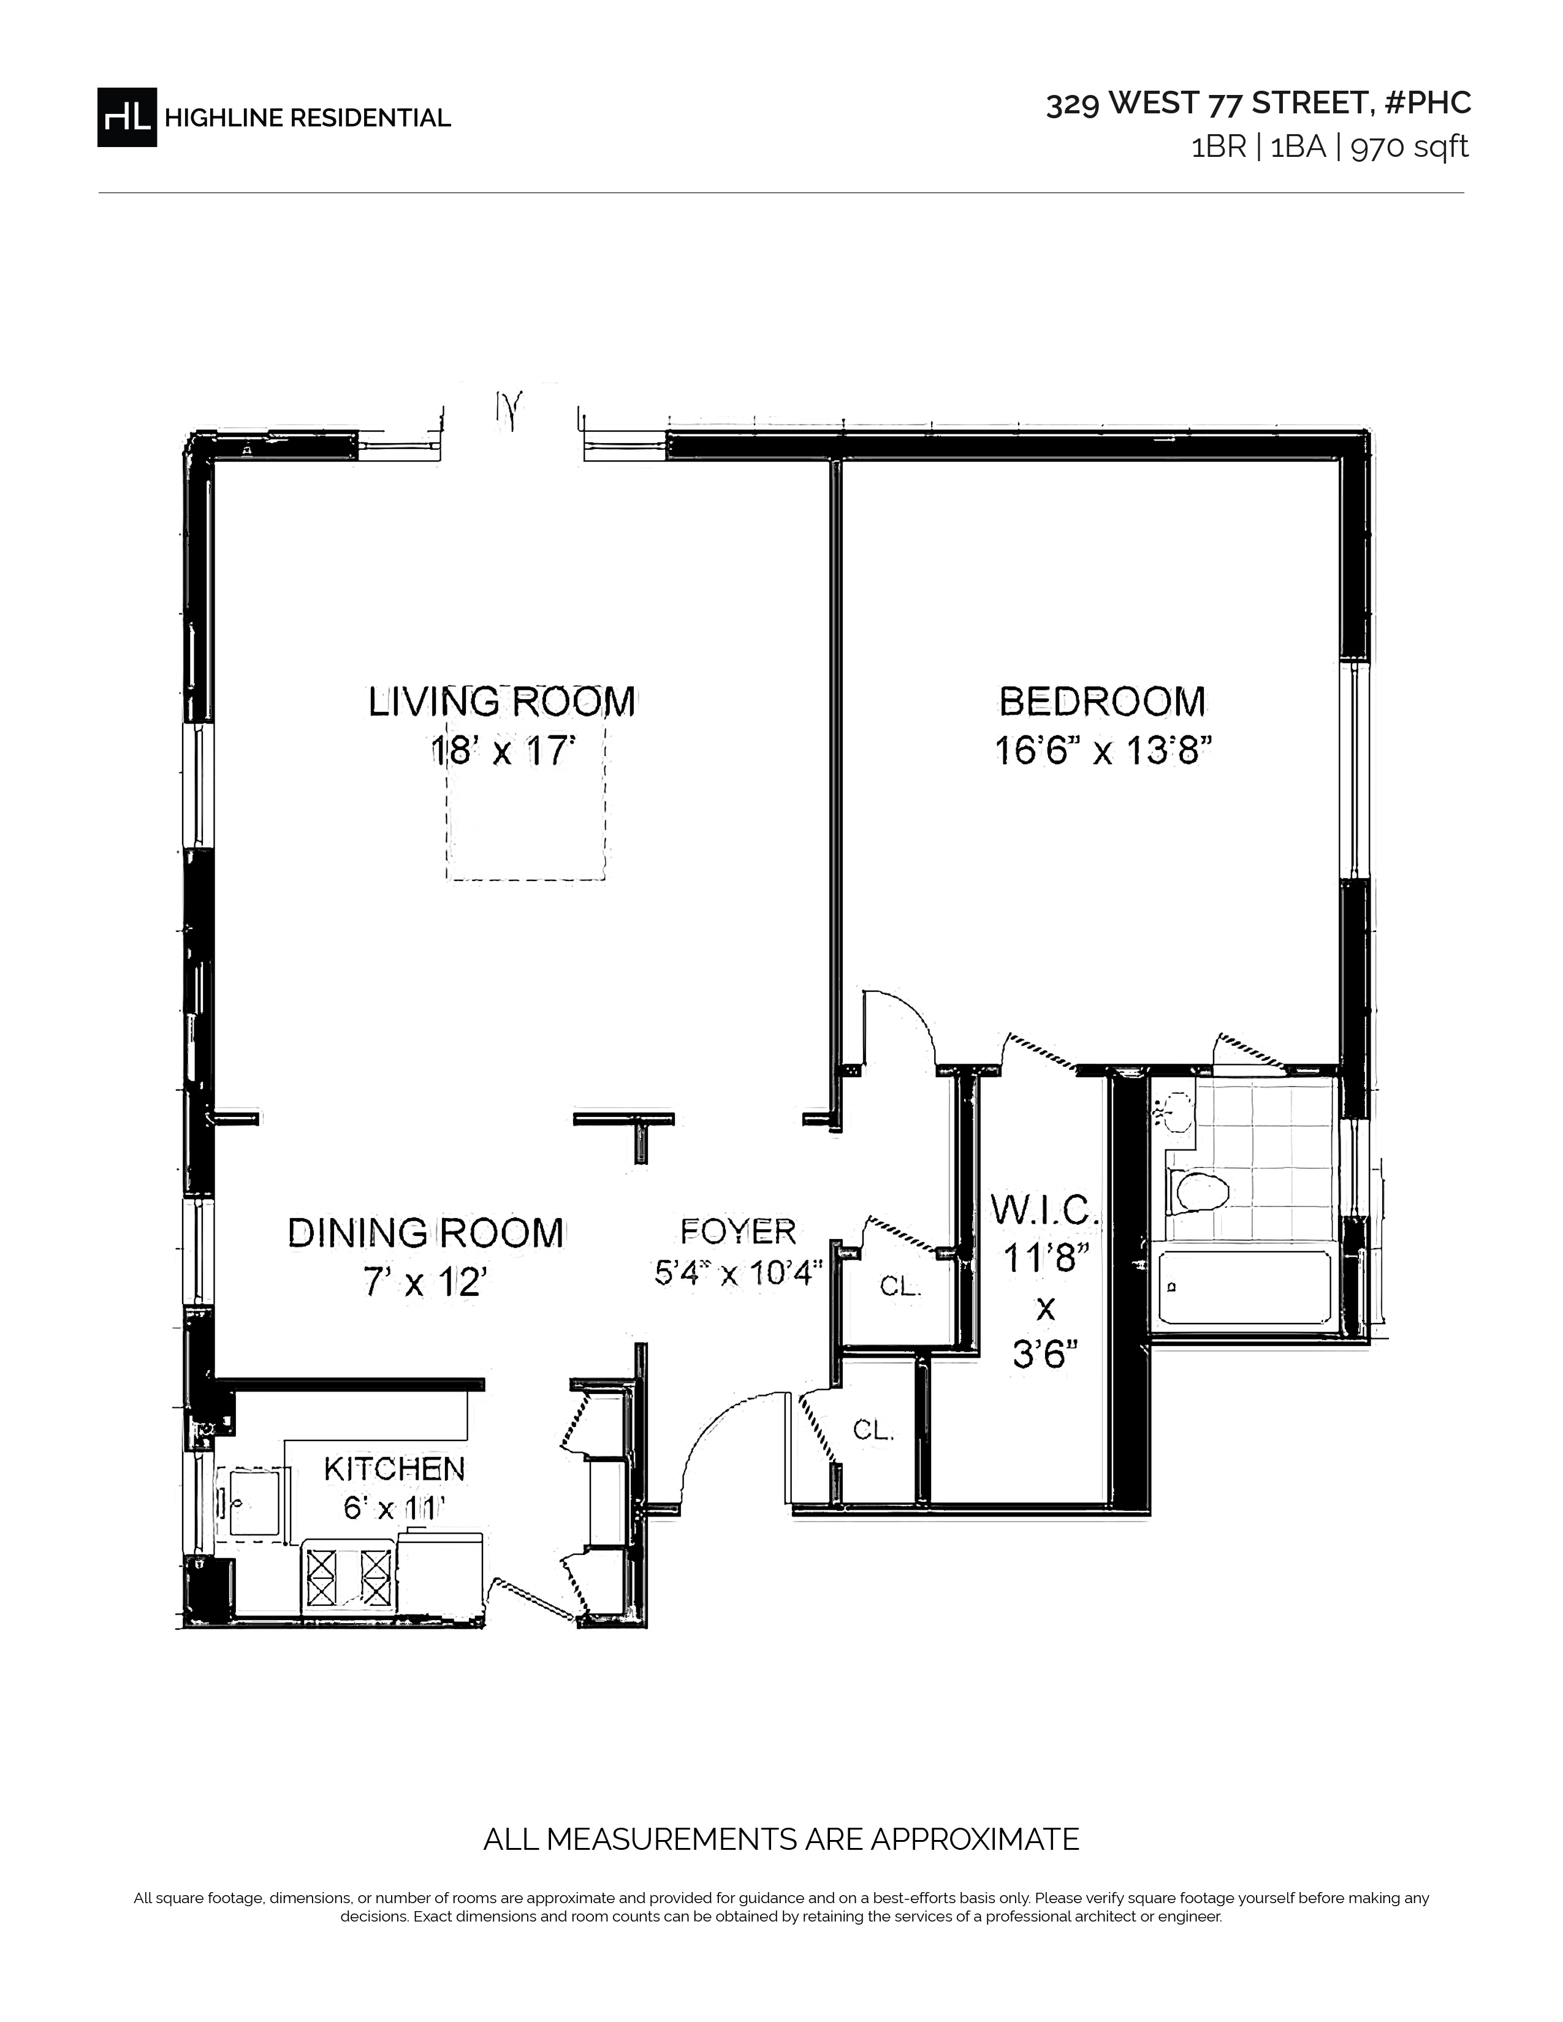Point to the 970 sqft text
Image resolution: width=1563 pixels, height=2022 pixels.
1410,147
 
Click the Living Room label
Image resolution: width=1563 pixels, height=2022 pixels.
502,702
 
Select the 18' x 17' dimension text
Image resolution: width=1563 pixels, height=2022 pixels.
503,751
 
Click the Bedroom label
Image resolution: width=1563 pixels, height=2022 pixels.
1103,702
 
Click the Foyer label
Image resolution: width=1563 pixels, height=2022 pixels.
738,1232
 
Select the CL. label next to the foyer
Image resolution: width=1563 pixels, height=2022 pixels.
900,1286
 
